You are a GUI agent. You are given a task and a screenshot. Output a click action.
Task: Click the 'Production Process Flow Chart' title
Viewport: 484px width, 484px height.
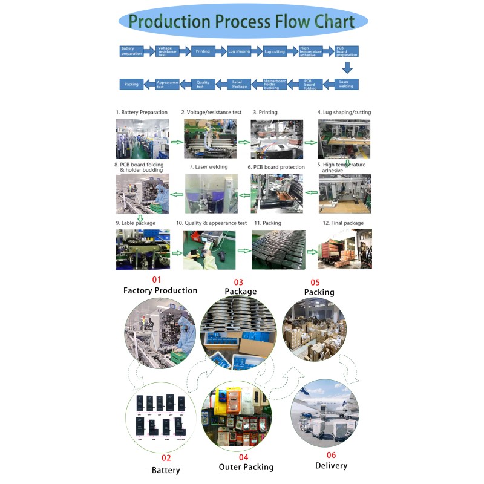pos(242,22)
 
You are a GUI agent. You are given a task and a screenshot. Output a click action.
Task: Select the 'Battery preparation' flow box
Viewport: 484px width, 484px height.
pos(131,51)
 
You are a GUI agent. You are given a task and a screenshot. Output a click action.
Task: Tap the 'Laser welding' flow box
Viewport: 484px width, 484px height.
pos(346,84)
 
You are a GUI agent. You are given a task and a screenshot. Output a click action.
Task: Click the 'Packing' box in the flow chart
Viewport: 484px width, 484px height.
pos(131,84)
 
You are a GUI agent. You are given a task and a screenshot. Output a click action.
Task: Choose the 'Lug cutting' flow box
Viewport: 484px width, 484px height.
pos(275,51)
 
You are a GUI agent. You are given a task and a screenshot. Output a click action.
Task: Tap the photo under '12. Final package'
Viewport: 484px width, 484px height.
pos(345,249)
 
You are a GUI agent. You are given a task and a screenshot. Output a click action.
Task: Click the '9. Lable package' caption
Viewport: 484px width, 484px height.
pos(136,223)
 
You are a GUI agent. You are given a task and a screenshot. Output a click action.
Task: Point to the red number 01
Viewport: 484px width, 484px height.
pos(157,280)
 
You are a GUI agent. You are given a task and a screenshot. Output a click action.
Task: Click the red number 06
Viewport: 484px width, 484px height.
pos(331,455)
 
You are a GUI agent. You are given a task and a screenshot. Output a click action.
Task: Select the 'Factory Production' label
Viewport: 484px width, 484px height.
pos(160,290)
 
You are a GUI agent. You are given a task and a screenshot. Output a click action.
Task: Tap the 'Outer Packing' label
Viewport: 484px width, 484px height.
pos(246,467)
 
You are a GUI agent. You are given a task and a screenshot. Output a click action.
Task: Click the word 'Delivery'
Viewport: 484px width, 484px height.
pos(331,465)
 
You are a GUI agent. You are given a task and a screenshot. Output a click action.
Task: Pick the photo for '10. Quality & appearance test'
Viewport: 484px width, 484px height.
pos(209,249)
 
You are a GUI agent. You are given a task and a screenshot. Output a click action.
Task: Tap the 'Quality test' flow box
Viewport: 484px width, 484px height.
pos(203,84)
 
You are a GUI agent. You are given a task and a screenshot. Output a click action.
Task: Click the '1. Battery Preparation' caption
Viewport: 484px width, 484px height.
pos(142,113)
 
